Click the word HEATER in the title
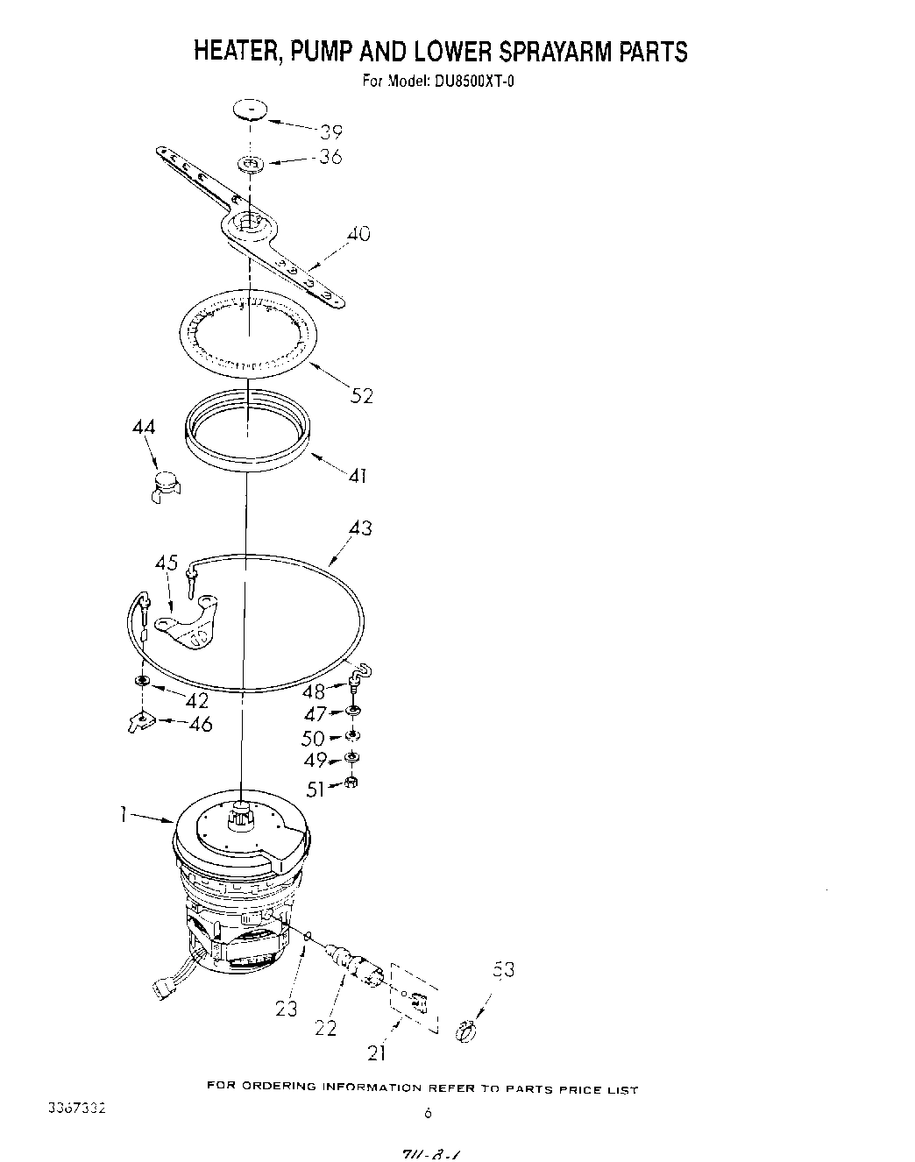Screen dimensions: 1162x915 [x=231, y=51]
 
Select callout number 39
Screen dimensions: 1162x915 [x=330, y=132]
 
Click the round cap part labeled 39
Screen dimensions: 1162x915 [x=250, y=110]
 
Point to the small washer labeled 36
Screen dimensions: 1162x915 [x=252, y=163]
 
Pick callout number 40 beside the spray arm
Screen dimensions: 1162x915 [x=358, y=234]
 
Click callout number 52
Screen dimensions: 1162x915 [x=361, y=396]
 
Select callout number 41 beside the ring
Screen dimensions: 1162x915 [x=357, y=477]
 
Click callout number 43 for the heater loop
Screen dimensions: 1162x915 [x=359, y=528]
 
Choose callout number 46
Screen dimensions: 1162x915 [x=202, y=725]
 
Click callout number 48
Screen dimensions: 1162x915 [x=314, y=692]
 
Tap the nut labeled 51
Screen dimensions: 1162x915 [x=351, y=782]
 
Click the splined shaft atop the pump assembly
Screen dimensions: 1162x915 [x=241, y=817]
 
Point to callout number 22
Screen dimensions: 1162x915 [x=325, y=1027]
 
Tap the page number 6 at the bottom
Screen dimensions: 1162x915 [x=428, y=1115]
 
